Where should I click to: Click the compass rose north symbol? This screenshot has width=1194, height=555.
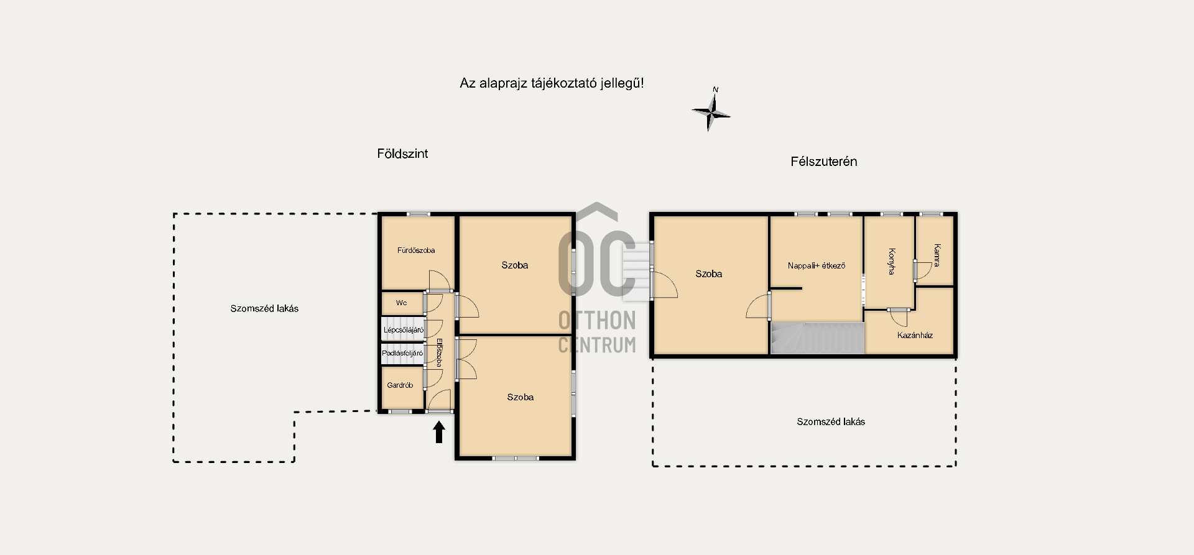[x=711, y=111]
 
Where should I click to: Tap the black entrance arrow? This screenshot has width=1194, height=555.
[x=439, y=432]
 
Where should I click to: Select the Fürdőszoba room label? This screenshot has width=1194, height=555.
[x=416, y=250]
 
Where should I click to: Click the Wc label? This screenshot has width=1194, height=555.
[x=402, y=303]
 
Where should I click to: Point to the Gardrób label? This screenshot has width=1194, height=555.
[x=400, y=385]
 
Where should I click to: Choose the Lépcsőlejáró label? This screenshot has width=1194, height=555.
[x=404, y=330]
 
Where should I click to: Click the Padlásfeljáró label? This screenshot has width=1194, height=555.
[x=402, y=353]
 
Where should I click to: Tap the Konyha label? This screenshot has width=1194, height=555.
[x=892, y=262]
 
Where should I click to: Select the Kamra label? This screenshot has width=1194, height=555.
[x=937, y=255]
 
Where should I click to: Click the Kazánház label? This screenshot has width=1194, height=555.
[x=915, y=335]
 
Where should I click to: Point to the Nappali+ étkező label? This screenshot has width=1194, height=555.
[x=817, y=265]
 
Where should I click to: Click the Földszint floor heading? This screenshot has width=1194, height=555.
[x=402, y=154]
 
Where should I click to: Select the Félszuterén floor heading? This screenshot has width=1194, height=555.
[x=824, y=162]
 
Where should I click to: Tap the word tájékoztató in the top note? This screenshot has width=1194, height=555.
[x=564, y=83]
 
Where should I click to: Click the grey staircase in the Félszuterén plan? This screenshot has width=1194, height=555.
[x=818, y=338]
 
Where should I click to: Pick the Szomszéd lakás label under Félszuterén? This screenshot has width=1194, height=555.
[x=831, y=421]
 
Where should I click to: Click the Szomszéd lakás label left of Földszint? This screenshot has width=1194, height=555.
[x=264, y=308]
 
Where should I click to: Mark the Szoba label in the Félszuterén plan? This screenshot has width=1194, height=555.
[x=709, y=273]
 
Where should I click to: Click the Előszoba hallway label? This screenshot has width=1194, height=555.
[x=438, y=352]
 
